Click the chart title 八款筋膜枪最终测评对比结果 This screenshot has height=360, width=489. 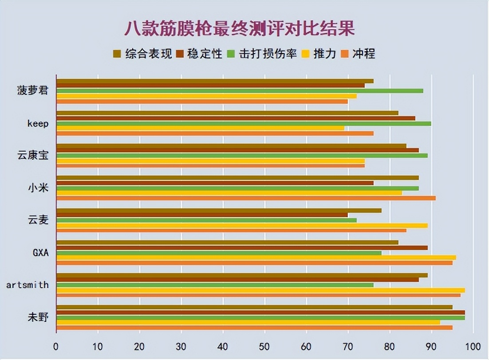(x=239, y=29)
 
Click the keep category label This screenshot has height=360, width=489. (x=38, y=124)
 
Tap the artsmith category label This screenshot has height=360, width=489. (x=28, y=285)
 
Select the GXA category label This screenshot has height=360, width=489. (x=40, y=253)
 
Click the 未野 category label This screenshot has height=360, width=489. (x=38, y=317)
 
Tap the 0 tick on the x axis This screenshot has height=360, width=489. (x=56, y=346)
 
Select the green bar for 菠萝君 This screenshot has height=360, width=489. (x=240, y=91)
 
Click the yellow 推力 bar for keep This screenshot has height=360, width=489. (x=200, y=128)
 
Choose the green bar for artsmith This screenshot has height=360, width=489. (x=215, y=285)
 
